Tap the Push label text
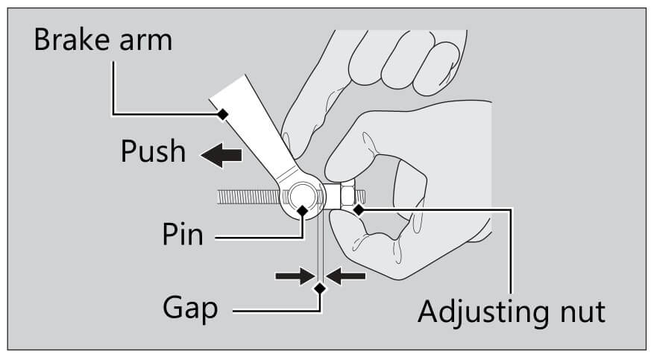pos(153,151)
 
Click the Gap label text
pos(191,307)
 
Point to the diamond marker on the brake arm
pos(222,114)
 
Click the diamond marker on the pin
pos(302,211)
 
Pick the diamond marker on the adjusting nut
pos(359,210)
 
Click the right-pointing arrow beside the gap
pos(292,276)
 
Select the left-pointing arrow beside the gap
pos(348,276)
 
